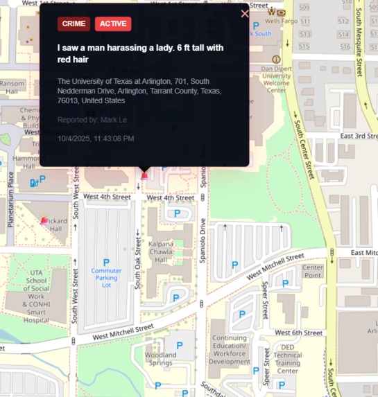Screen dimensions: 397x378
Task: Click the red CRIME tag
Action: point(74,24)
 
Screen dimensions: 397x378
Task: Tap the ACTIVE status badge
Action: point(113,24)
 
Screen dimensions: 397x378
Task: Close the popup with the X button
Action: point(244,13)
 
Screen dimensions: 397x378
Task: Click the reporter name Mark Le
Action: point(114,121)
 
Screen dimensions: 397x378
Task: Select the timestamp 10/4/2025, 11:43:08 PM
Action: point(96,139)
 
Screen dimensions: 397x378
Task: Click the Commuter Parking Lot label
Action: point(101,278)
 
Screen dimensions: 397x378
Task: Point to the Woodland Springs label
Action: point(160,359)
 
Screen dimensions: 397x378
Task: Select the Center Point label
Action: point(312,271)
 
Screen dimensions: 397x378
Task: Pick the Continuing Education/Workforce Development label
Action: point(230,350)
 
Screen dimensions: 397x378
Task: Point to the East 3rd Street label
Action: point(359,136)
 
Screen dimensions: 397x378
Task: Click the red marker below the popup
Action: point(144,175)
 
